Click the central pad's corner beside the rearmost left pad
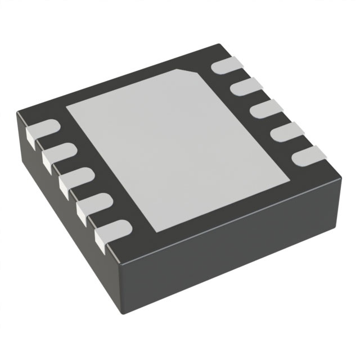[68, 107]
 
